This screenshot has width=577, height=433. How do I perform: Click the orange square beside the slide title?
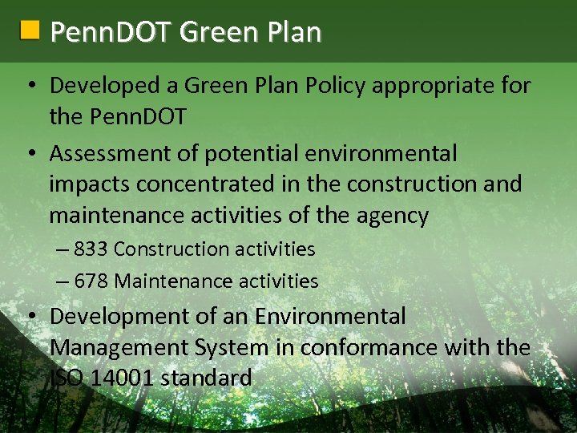(30, 30)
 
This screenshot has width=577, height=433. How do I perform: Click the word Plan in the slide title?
(295, 32)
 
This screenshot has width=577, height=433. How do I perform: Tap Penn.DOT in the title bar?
(111, 32)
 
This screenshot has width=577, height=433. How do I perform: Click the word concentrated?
(211, 184)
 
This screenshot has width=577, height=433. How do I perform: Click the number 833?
(91, 249)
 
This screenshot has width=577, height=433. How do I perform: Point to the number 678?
(91, 281)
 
